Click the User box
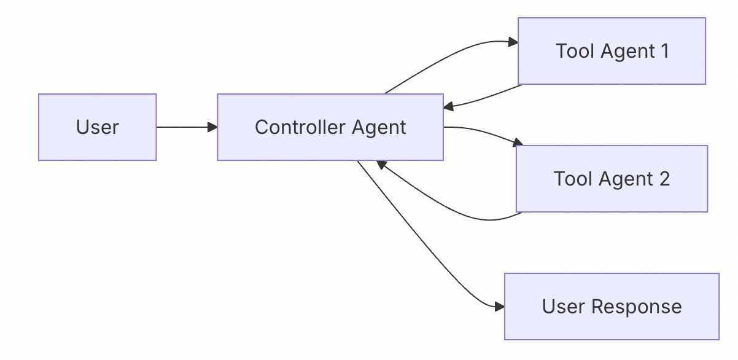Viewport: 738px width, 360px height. point(97,127)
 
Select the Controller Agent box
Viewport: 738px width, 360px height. point(330,127)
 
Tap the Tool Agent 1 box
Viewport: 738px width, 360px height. point(612,51)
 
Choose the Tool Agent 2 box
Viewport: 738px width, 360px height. point(612,179)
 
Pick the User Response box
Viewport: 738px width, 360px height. point(612,307)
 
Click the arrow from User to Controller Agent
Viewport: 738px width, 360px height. point(184,127)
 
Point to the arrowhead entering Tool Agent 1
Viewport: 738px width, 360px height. point(513,42)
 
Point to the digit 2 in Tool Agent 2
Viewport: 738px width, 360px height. point(664,179)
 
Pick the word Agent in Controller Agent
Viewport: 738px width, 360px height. point(379,127)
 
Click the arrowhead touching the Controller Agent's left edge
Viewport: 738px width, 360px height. point(212,127)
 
